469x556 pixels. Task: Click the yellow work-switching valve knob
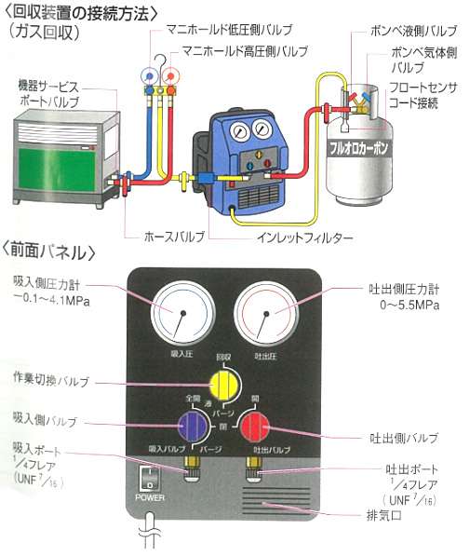point(221,382)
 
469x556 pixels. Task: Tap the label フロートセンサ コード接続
point(421,95)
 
